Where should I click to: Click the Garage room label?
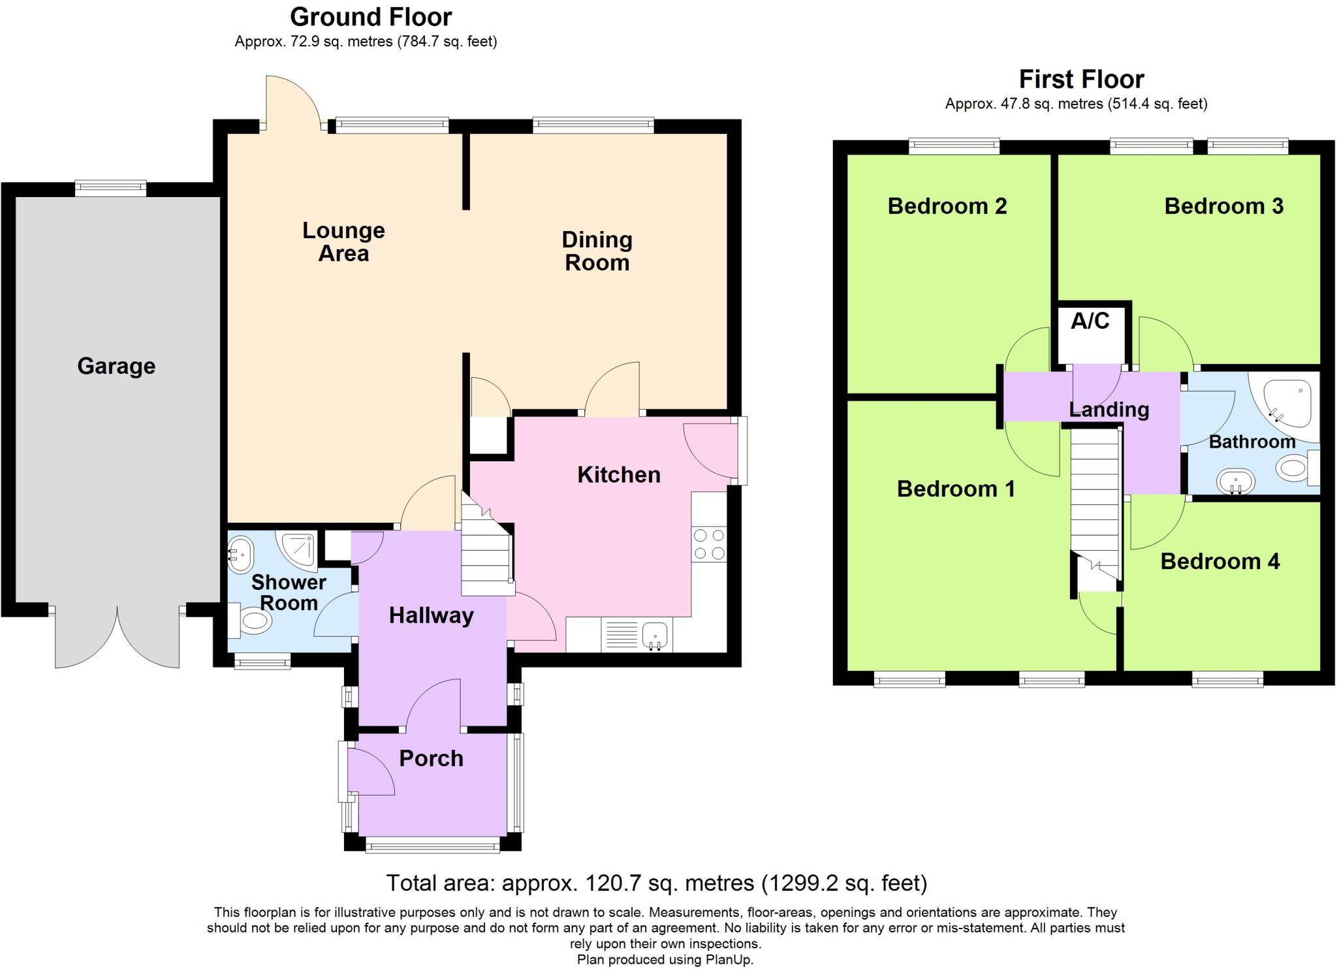[116, 366]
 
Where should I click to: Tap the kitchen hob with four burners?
[709, 545]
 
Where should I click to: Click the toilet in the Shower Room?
[251, 621]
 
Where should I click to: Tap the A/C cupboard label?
[1090, 321]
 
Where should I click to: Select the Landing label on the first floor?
[1109, 410]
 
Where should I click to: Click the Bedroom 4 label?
[1219, 561]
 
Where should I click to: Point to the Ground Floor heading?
[371, 17]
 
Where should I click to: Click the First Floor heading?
[1081, 80]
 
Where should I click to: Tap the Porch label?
[431, 758]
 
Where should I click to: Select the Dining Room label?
[597, 251]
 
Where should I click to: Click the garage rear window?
[110, 188]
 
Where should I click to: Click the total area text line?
[656, 883]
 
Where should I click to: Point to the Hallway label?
[431, 615]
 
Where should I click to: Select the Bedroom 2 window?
[954, 146]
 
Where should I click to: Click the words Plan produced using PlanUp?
[665, 960]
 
